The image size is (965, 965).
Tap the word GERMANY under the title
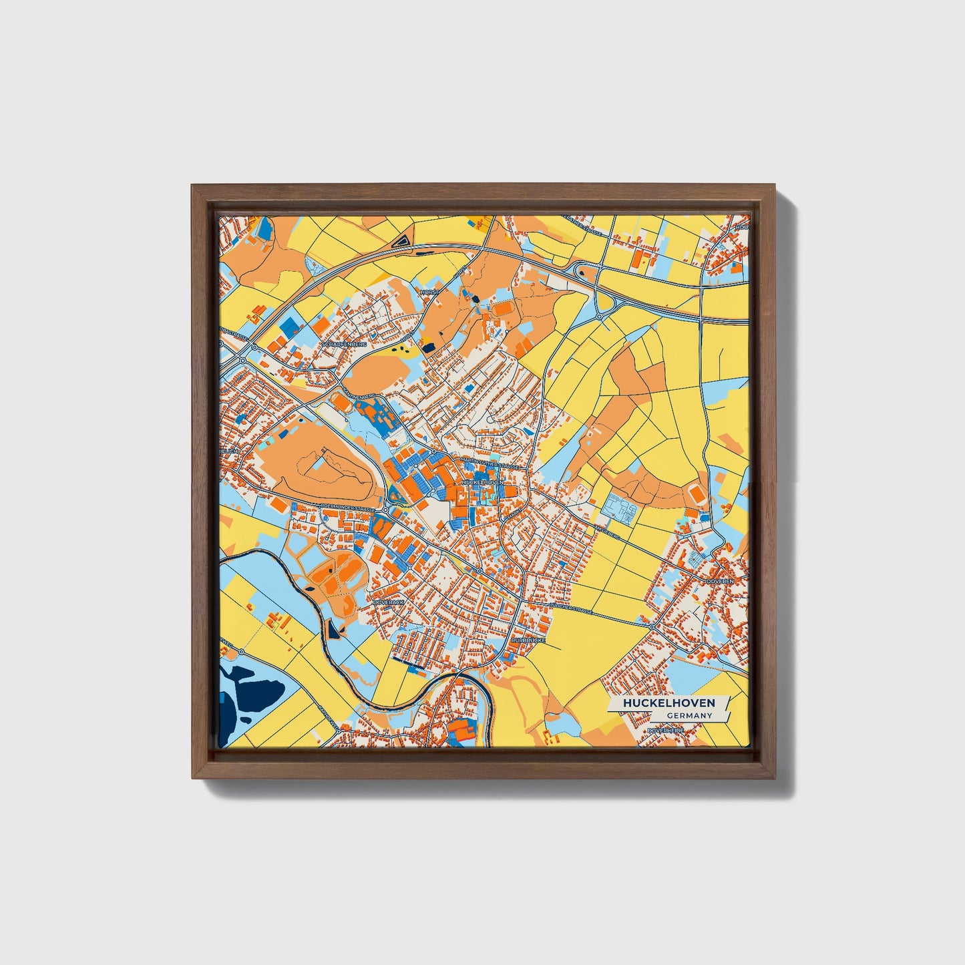(x=689, y=716)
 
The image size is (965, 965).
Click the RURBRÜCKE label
(x=528, y=640)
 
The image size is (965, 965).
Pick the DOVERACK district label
(x=389, y=602)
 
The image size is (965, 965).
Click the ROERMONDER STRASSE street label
(x=347, y=508)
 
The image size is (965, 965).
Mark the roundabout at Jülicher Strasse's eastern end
(x=652, y=627)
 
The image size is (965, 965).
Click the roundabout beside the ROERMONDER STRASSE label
(x=385, y=510)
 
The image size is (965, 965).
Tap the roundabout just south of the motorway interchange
(x=600, y=315)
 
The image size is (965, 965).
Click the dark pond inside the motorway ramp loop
(x=580, y=270)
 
